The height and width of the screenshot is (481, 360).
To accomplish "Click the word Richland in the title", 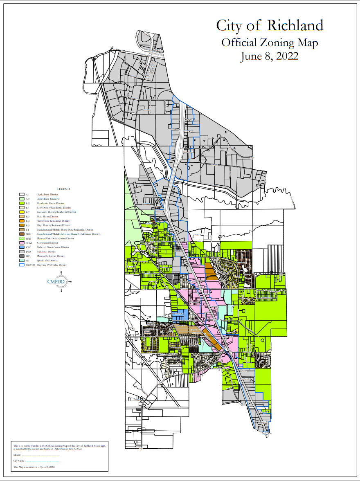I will (x=295, y=26).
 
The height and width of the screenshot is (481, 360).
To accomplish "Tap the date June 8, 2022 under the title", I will (x=269, y=56).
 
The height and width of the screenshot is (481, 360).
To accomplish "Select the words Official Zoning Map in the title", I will (x=269, y=42).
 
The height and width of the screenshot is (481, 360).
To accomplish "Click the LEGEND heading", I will (x=63, y=189).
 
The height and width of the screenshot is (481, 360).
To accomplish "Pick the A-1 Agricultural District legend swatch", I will (x=21, y=194).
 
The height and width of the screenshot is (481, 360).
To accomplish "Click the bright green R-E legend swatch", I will (x=21, y=203).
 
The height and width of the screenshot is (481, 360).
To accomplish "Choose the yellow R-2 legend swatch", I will (x=21, y=212).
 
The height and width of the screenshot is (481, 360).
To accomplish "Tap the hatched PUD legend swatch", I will (x=21, y=238).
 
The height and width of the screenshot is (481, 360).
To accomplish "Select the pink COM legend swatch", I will (x=21, y=243).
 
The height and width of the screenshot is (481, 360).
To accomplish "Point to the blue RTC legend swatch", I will (x=21, y=247).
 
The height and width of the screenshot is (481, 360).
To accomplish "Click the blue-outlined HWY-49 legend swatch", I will (x=21, y=265).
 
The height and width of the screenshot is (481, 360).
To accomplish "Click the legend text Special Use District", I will (x=46, y=261).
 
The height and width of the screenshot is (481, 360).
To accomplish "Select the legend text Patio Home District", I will (x=45, y=217).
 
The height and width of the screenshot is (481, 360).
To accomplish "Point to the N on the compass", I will (x=61, y=272).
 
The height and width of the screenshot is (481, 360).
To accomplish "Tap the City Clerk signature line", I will (x=43, y=461).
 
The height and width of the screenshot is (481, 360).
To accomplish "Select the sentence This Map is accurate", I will (x=34, y=467).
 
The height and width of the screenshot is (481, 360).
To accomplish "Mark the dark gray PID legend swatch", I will (x=21, y=256).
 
